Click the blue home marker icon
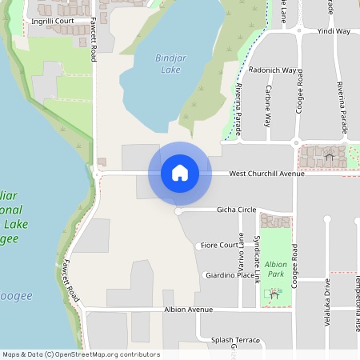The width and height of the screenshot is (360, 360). [x=179, y=173]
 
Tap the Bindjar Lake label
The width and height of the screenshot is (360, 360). [x=169, y=63]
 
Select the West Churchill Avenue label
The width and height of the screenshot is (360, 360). [x=266, y=173]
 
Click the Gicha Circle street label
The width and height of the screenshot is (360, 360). [x=236, y=210]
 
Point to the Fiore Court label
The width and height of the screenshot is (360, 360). [x=219, y=245]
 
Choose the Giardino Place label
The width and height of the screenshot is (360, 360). [x=230, y=274]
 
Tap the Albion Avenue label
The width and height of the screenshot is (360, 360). [x=189, y=309]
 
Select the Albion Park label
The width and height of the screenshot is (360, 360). [x=275, y=268]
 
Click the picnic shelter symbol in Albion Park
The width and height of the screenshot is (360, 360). [x=274, y=294]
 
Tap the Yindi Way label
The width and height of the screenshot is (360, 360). [x=334, y=31]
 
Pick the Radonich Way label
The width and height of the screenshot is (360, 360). [x=273, y=70]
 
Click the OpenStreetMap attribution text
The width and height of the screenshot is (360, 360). [x=81, y=354]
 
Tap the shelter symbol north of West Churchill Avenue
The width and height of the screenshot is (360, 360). [x=329, y=156]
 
